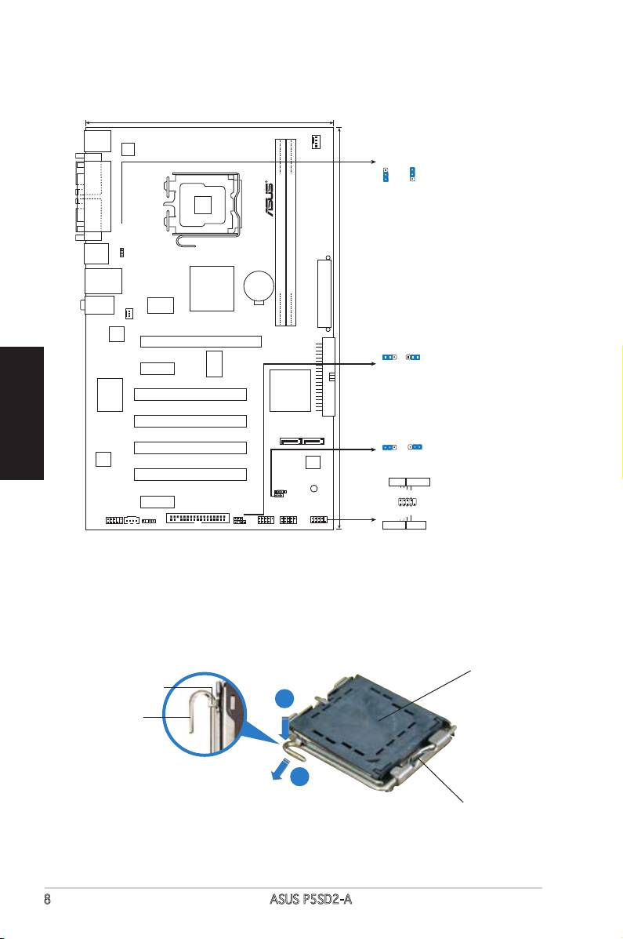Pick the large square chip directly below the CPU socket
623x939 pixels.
[x=212, y=288]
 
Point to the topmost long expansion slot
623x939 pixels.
[x=201, y=341]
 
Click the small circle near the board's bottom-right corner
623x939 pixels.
[x=313, y=488]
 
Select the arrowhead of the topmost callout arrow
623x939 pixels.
[x=371, y=162]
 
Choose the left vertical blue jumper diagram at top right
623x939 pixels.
[x=386, y=173]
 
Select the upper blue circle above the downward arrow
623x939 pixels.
[x=285, y=700]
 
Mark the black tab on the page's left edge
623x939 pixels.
[x=22, y=413]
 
